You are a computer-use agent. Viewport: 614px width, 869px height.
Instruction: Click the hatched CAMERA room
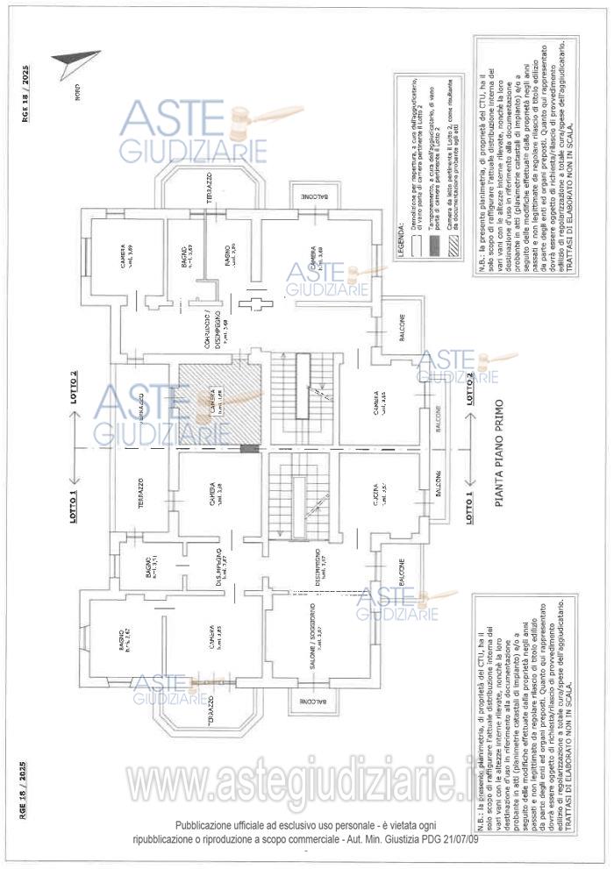[219, 403]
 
